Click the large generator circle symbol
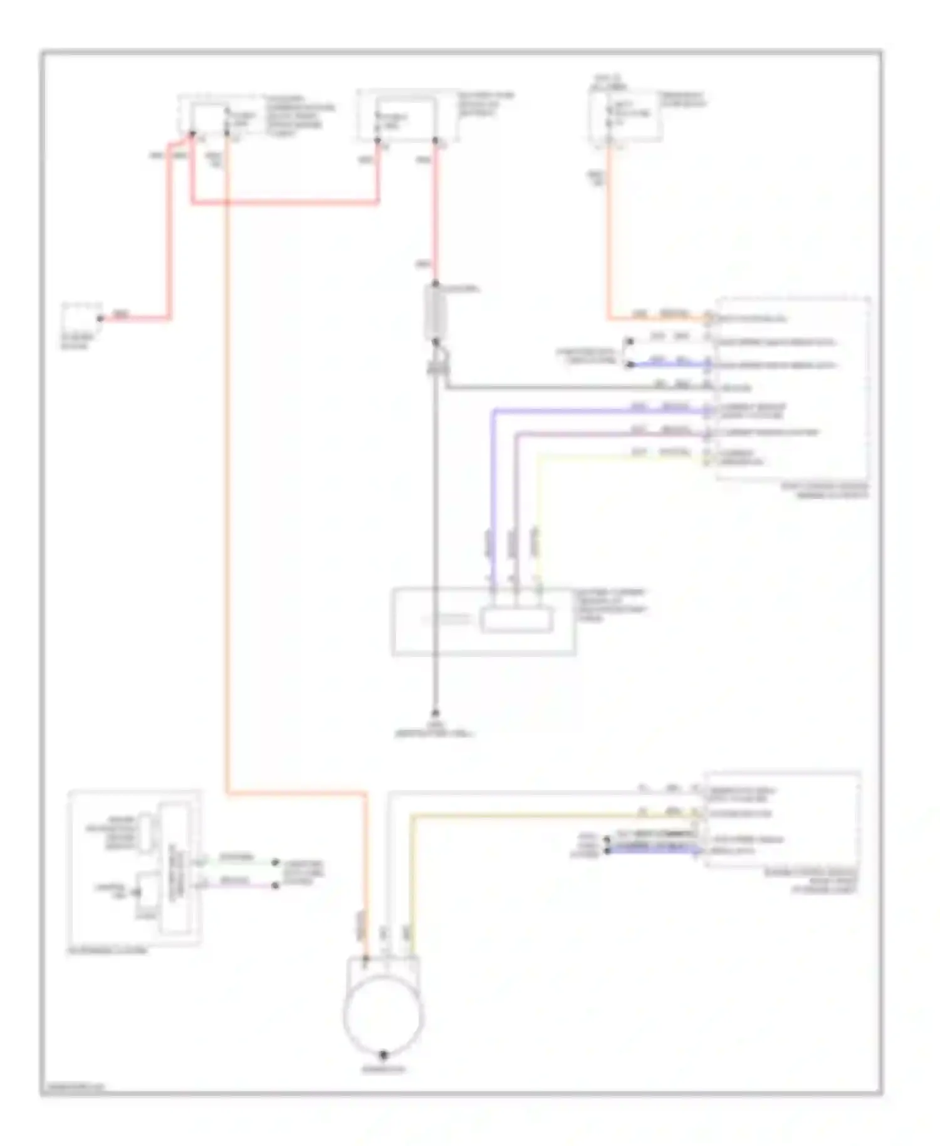click(383, 1015)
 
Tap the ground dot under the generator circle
click(384, 1055)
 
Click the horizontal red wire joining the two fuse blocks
click(285, 202)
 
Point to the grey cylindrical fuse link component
click(436, 312)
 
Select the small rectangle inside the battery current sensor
click(517, 620)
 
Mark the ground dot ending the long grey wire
click(436, 714)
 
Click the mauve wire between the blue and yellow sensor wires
click(516, 495)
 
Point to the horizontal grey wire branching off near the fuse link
click(564, 388)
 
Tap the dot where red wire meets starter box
click(100, 318)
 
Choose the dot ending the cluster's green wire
click(275, 863)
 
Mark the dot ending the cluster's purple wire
click(275, 885)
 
